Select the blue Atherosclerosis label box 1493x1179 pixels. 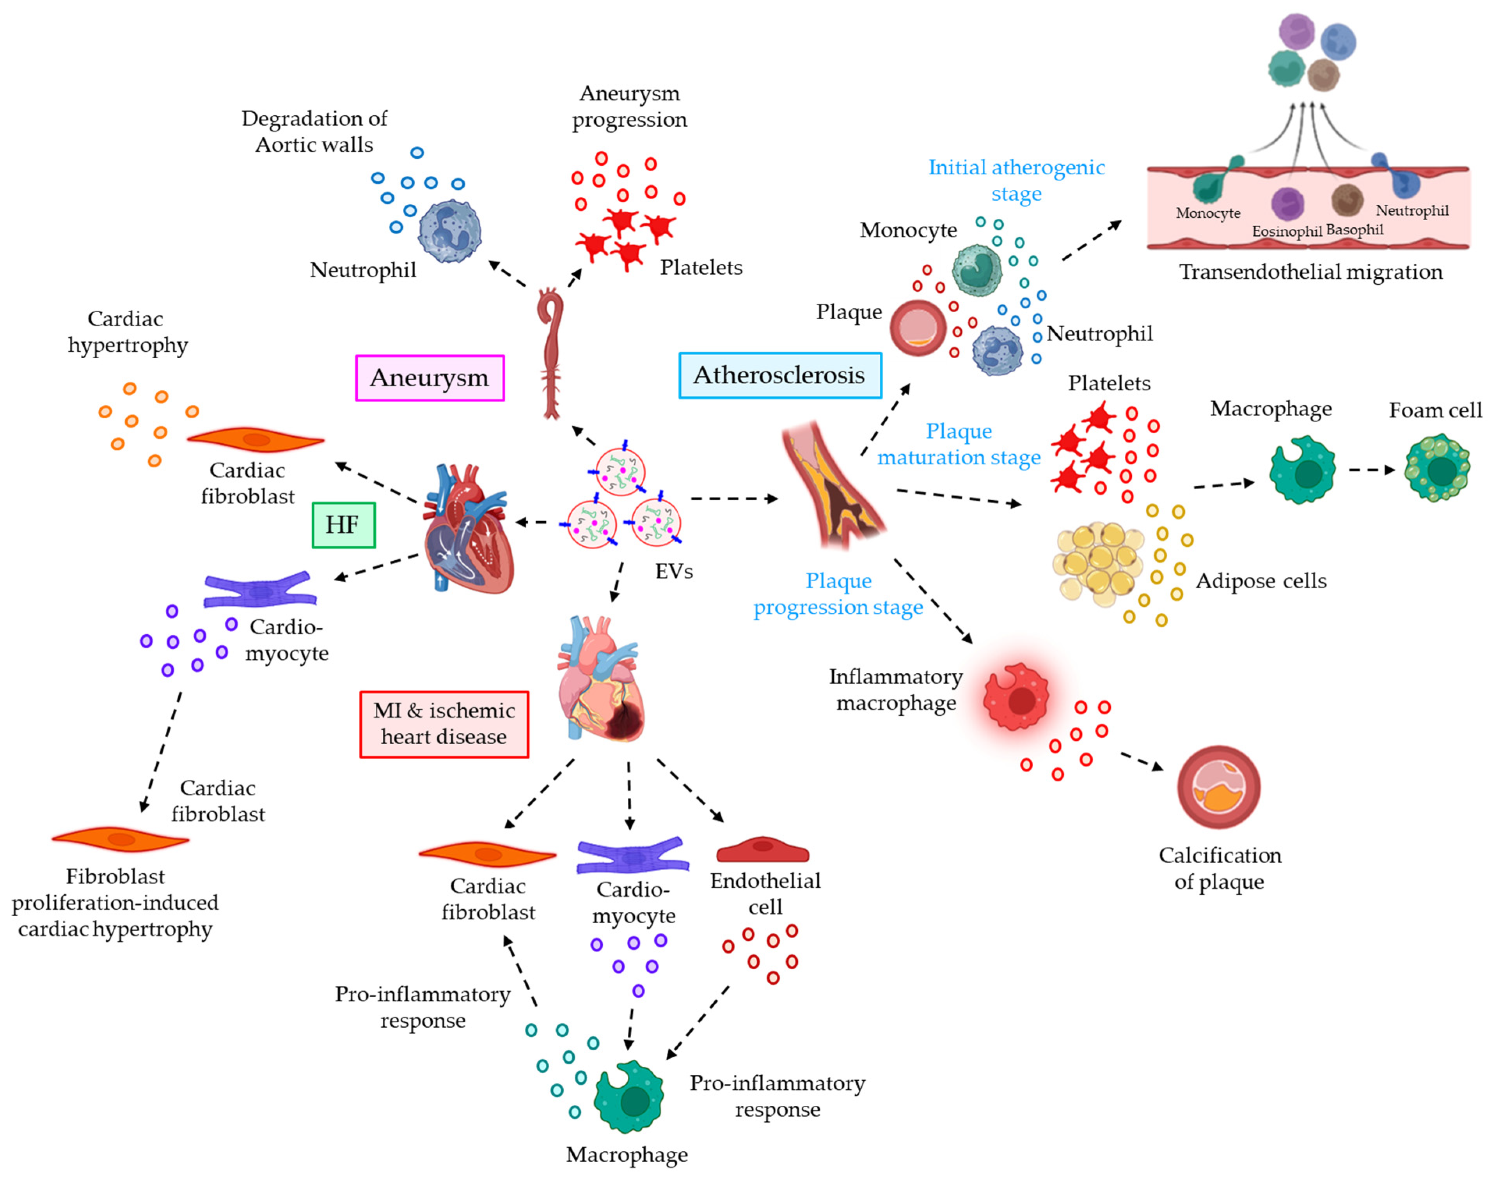(779, 375)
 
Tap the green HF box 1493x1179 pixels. (343, 525)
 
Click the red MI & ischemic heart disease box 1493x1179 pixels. (444, 724)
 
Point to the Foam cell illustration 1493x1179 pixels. (1437, 467)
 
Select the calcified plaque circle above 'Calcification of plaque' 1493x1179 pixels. (1219, 787)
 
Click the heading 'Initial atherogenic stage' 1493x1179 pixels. (1016, 180)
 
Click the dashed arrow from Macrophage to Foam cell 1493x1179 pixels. (1371, 470)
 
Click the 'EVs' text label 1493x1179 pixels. (674, 572)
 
